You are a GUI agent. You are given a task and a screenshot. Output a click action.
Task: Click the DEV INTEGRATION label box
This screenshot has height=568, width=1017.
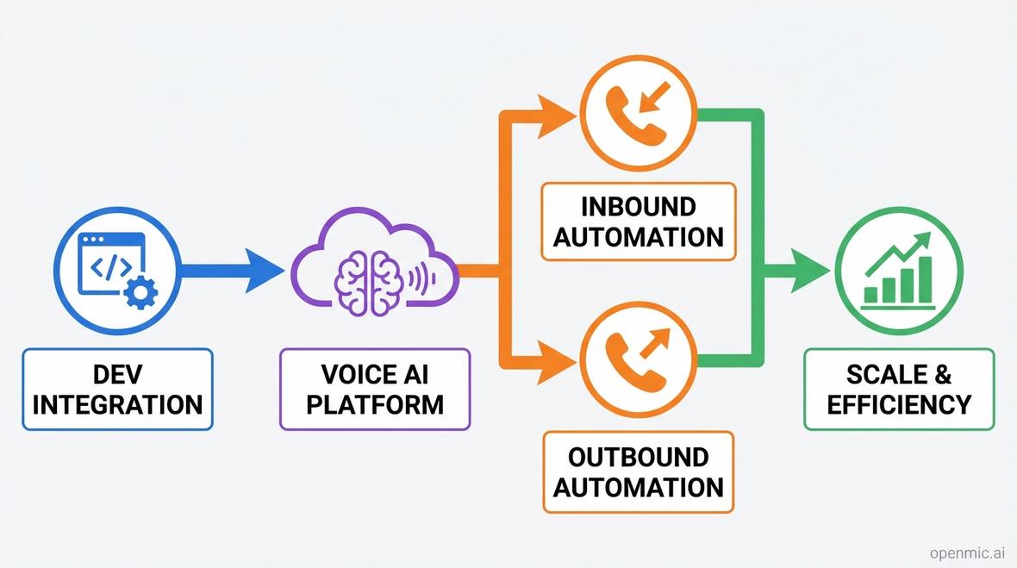click(x=117, y=389)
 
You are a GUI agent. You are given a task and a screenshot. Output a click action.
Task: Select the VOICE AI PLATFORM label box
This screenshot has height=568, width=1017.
click(x=375, y=389)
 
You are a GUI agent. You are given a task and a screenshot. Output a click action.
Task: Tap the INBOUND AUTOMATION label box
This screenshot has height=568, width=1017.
click(x=638, y=222)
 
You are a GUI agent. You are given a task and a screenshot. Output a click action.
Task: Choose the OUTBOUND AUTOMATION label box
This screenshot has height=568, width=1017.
click(x=638, y=471)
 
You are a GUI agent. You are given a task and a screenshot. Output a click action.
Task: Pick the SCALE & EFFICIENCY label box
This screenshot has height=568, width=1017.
click(x=899, y=389)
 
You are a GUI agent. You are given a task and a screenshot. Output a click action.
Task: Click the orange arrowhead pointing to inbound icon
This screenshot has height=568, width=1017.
click(x=557, y=115)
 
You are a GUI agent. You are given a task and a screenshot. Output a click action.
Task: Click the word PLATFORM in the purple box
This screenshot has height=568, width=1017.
click(x=375, y=404)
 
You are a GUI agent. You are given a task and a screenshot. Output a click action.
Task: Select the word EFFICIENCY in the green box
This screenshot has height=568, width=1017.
click(x=899, y=404)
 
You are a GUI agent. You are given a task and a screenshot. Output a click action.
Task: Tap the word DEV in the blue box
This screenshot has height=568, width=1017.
click(x=117, y=374)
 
